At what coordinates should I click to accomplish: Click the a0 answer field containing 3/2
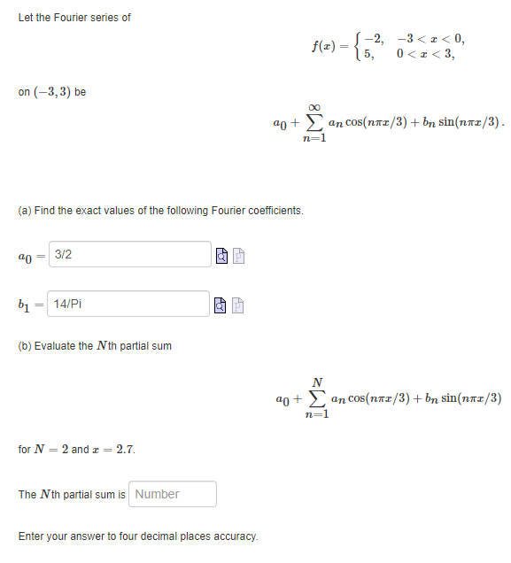(x=130, y=254)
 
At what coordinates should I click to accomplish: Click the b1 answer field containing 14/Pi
(x=130, y=304)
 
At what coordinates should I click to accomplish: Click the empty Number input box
(x=174, y=494)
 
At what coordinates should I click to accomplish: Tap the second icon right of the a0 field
(x=240, y=256)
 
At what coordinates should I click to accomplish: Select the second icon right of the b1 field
(x=240, y=305)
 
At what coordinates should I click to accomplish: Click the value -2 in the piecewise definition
(x=375, y=37)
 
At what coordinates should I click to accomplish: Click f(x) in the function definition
(x=326, y=45)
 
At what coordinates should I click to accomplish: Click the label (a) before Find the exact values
(x=26, y=211)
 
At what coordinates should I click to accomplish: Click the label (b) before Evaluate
(x=26, y=345)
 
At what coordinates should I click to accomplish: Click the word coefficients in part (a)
(x=273, y=211)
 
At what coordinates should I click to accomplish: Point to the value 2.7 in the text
(x=126, y=450)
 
